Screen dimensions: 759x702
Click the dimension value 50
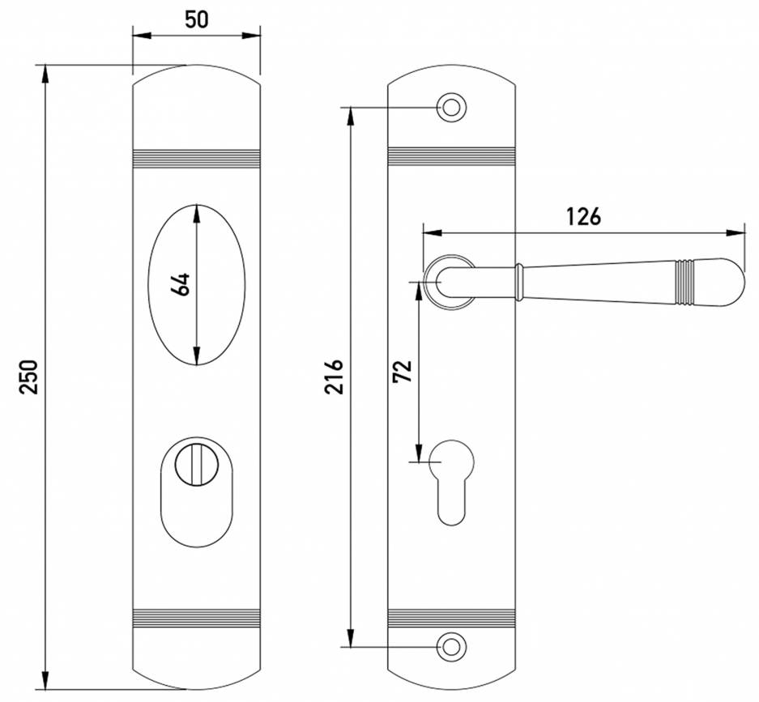point(196,19)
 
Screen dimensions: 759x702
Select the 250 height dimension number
point(28,377)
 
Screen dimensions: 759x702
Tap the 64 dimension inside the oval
point(181,284)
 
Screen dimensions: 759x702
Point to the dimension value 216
point(334,377)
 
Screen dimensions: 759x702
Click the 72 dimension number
point(403,371)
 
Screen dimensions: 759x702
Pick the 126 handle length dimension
point(583,216)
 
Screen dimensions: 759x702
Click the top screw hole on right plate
point(451,107)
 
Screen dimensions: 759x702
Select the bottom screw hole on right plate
point(451,646)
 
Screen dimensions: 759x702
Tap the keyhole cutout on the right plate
point(451,483)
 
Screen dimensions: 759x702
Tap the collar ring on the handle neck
point(519,282)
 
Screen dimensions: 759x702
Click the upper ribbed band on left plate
point(196,158)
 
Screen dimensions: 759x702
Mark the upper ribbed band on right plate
point(451,158)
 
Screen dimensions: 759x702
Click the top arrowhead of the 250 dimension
point(45,74)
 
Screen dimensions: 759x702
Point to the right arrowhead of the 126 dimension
point(736,233)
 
